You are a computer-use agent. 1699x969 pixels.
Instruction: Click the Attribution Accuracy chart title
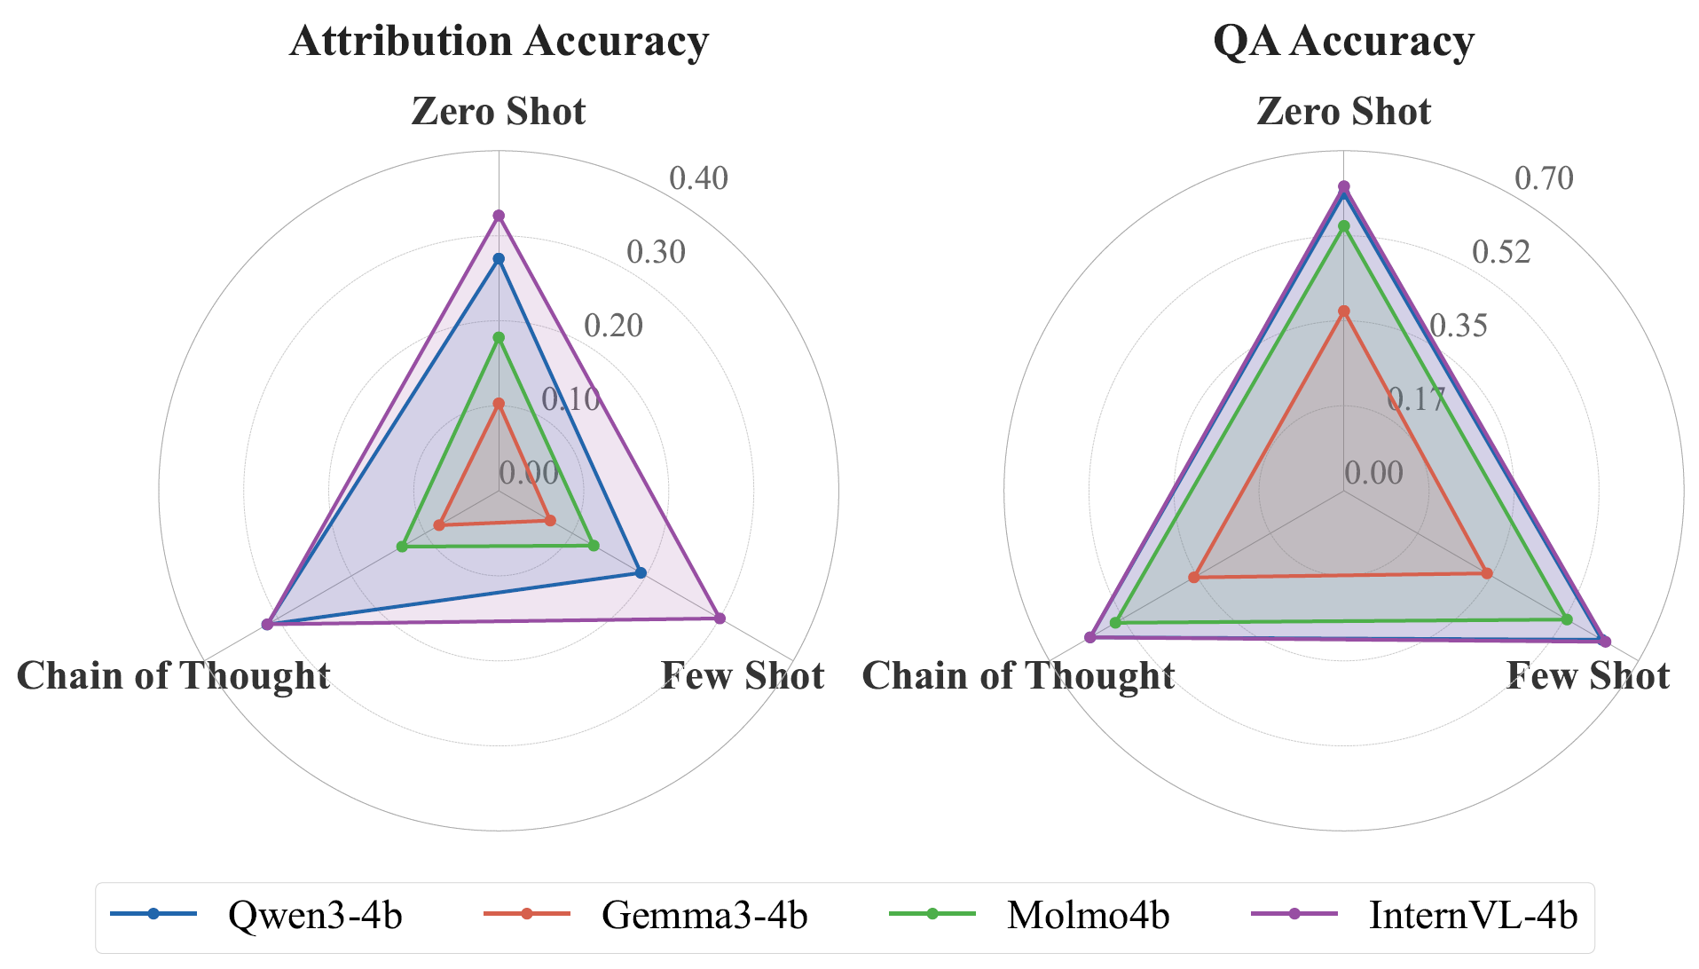[499, 42]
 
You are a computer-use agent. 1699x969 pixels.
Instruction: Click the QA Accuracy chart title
[1343, 42]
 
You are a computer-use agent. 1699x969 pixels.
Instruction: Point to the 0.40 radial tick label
[698, 178]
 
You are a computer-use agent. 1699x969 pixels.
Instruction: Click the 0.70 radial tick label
[1544, 178]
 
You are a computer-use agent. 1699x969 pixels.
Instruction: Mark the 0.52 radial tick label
[1501, 252]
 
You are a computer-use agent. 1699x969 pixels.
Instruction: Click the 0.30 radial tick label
[656, 252]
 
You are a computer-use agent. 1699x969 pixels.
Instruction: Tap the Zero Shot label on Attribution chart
[499, 112]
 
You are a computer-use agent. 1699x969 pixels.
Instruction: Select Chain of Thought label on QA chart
[1019, 676]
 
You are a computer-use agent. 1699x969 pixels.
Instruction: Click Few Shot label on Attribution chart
[743, 676]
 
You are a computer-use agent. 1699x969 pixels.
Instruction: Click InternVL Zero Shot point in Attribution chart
[499, 216]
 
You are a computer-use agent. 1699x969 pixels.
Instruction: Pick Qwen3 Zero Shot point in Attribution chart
[499, 259]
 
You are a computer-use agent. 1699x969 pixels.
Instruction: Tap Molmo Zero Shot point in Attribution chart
[499, 338]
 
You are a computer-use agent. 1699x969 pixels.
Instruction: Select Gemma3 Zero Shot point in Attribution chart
[499, 405]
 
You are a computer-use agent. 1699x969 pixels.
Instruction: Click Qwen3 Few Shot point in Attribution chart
[641, 572]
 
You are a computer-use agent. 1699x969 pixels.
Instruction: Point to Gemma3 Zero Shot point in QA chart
[1344, 311]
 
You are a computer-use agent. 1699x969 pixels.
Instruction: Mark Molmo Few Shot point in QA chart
[1567, 619]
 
